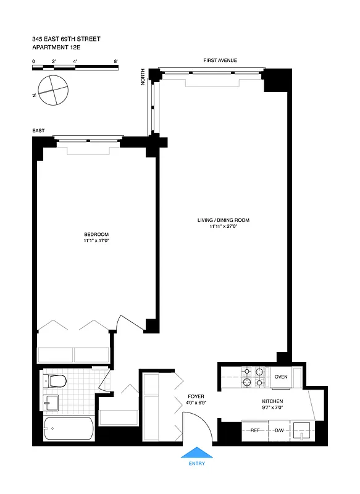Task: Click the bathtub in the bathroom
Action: [x=69, y=428]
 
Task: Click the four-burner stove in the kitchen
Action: [x=253, y=377]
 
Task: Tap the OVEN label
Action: [x=281, y=377]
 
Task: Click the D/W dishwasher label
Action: [x=279, y=430]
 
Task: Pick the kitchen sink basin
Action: [x=302, y=430]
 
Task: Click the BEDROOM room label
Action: [x=96, y=234]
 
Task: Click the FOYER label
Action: [x=196, y=396]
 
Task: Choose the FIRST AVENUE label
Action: [x=220, y=61]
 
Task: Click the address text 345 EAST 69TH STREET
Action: [x=66, y=39]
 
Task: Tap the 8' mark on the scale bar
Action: [x=115, y=61]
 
